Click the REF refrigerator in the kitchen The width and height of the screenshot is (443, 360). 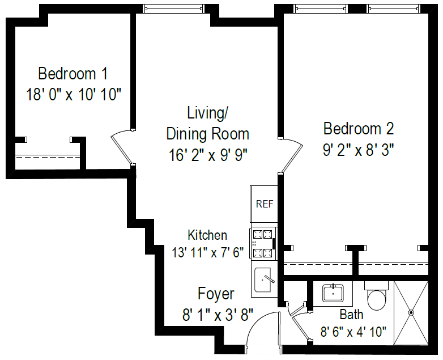pyautogui.click(x=264, y=204)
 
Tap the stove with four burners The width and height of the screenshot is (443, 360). pyautogui.click(x=263, y=243)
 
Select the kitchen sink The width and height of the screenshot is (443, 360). pyautogui.click(x=264, y=279)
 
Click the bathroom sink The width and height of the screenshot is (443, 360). pyautogui.click(x=335, y=293)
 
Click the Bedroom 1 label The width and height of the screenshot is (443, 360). pyautogui.click(x=73, y=74)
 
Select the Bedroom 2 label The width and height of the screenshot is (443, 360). pyautogui.click(x=358, y=128)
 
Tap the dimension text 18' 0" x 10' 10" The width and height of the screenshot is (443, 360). pyautogui.click(x=74, y=94)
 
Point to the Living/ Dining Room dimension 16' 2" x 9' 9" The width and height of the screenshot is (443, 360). pyautogui.click(x=208, y=154)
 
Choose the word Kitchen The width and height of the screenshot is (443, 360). pyautogui.click(x=207, y=235)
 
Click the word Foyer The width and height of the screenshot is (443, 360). pyautogui.click(x=216, y=294)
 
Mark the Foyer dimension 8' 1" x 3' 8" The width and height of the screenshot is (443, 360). pyautogui.click(x=217, y=314)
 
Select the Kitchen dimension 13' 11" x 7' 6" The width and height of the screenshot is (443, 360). pyautogui.click(x=207, y=252)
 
